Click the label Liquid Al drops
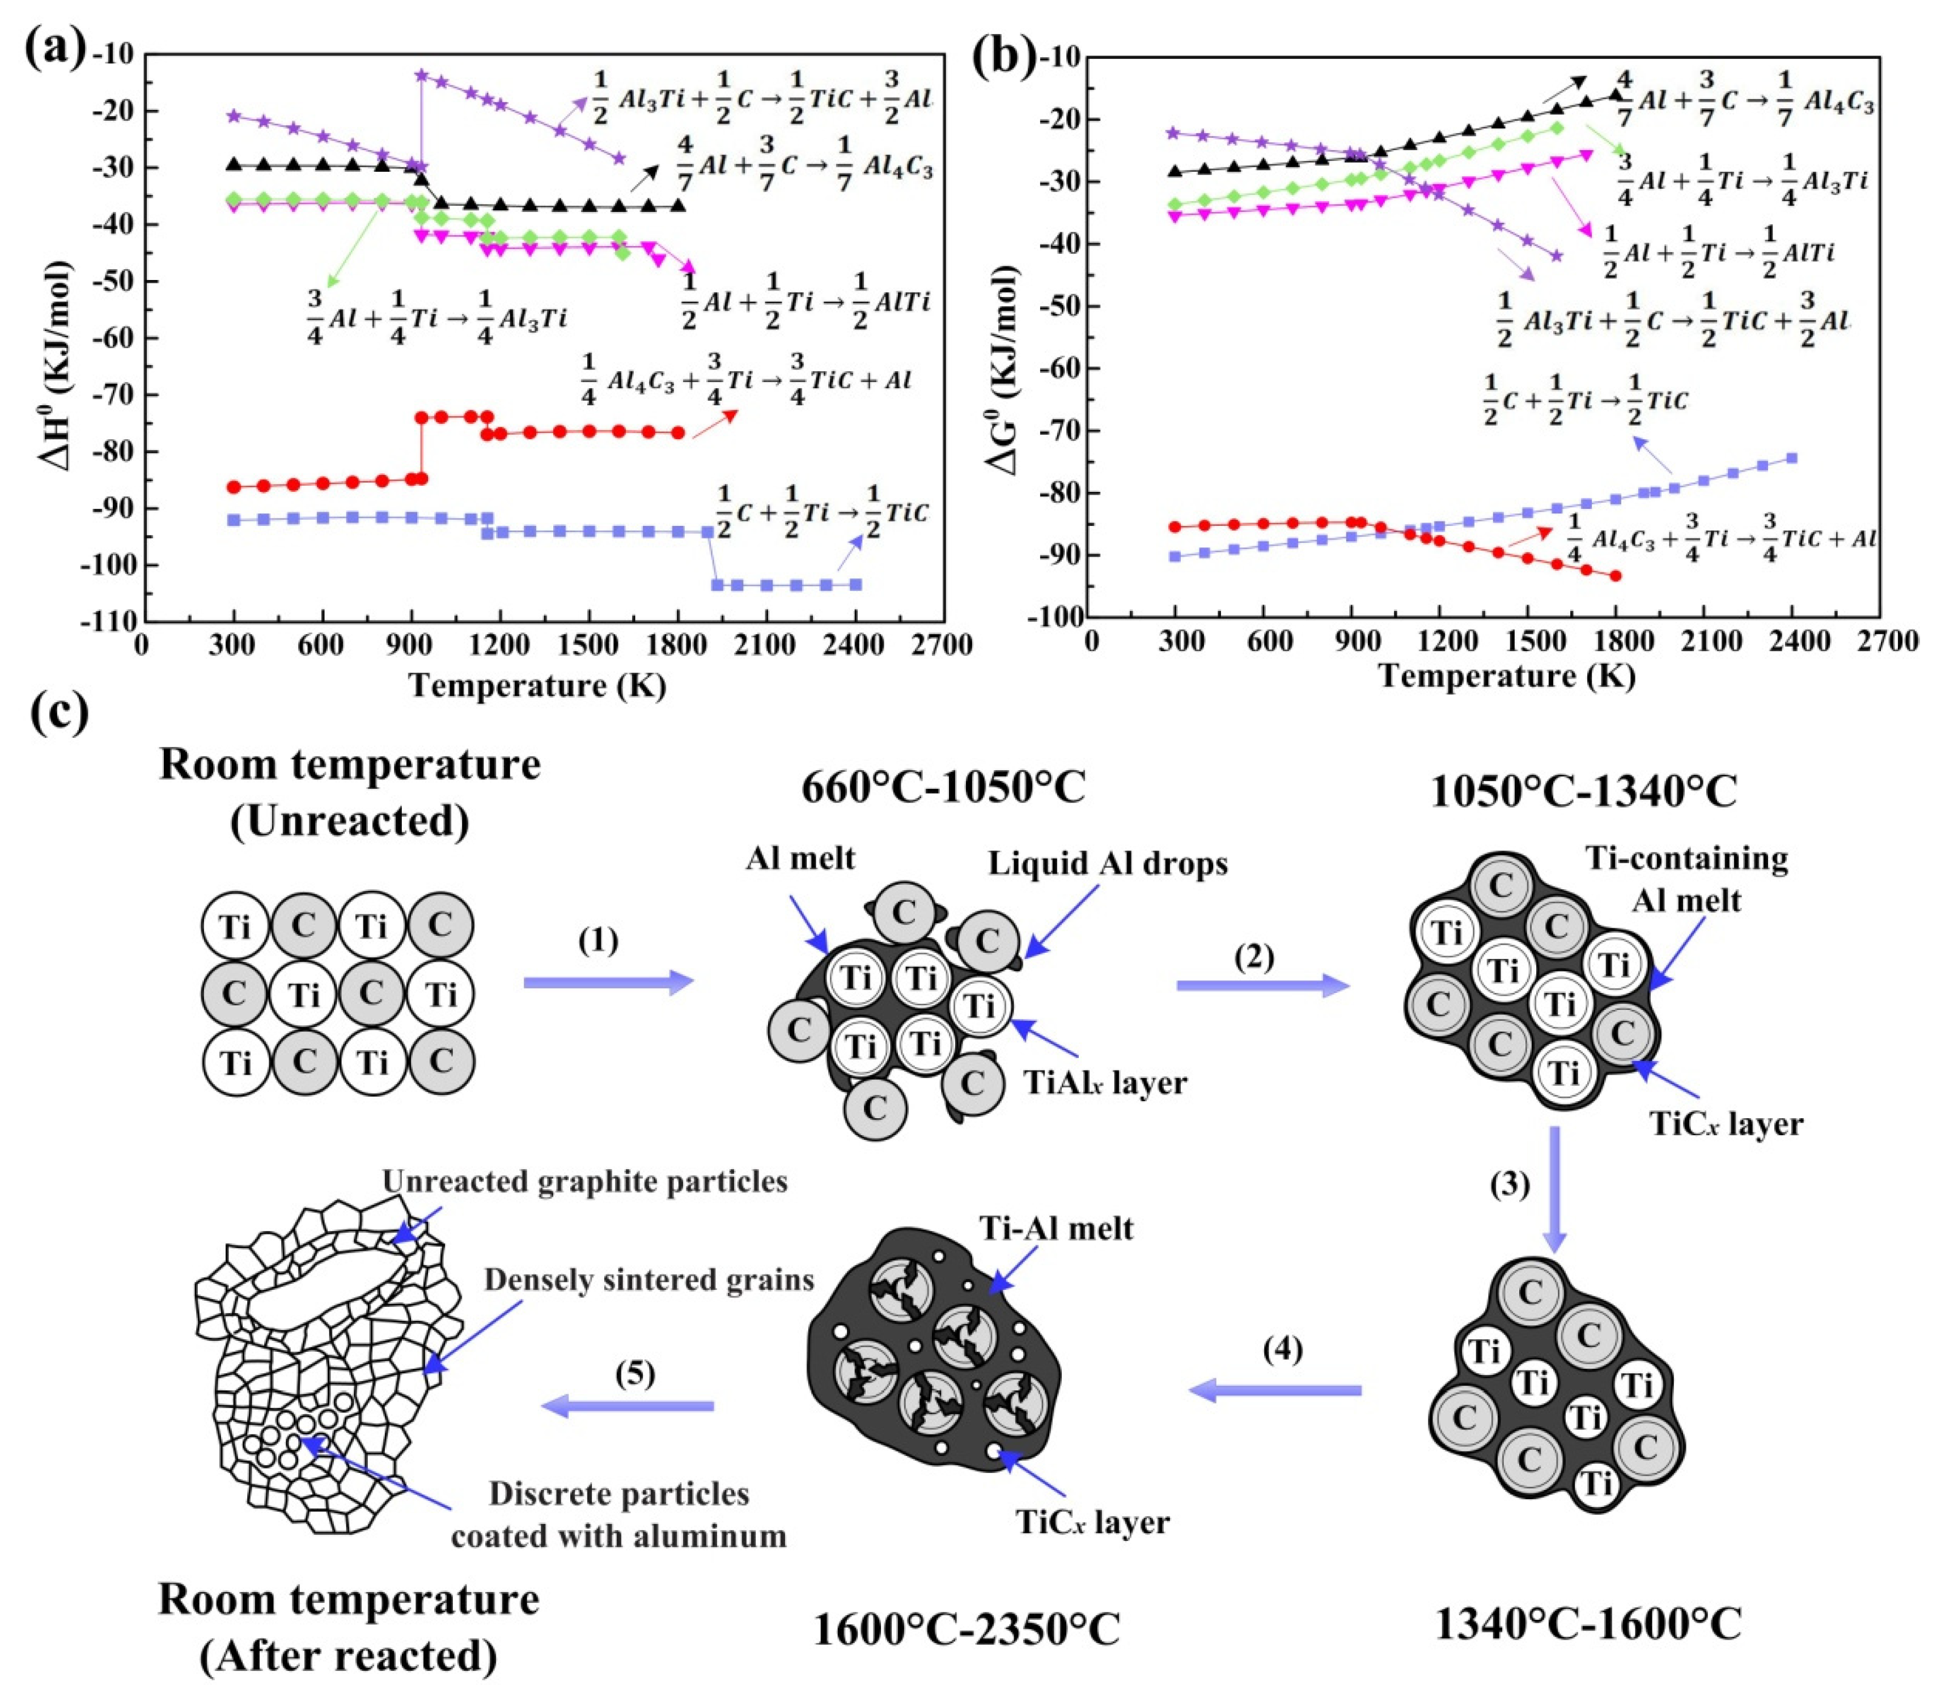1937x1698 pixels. point(1107,863)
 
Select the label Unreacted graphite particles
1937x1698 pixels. point(584,1182)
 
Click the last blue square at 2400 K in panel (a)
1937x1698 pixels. point(856,585)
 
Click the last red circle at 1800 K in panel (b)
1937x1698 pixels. point(1615,575)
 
